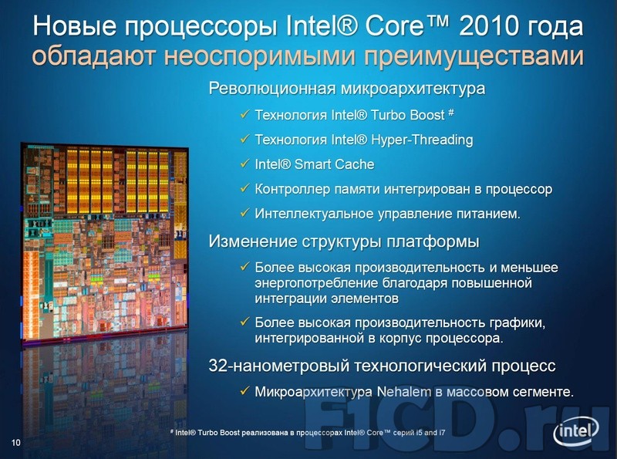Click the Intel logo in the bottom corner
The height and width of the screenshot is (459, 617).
pos(576,431)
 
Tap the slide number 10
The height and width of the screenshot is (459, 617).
pos(15,443)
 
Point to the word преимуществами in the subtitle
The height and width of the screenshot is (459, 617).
pos(474,57)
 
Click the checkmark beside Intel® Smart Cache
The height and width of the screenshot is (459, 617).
pos(244,164)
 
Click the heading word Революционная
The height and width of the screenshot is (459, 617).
pos(271,88)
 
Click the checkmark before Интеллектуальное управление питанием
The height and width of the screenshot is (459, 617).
pos(244,213)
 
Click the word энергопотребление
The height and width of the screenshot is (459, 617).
pos(317,283)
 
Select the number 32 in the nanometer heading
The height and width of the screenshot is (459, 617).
pos(217,366)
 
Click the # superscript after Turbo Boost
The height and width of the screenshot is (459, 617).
pos(451,113)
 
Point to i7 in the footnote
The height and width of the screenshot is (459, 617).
pos(441,433)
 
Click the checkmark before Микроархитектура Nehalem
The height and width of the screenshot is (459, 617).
pos(244,391)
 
